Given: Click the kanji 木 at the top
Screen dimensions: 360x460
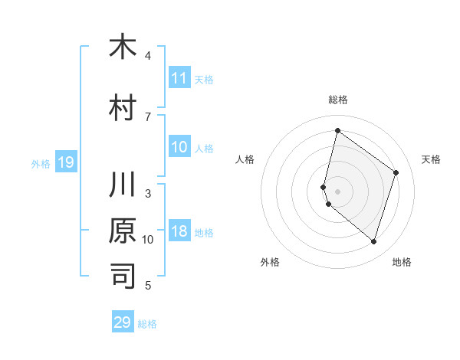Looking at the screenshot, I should (123, 47).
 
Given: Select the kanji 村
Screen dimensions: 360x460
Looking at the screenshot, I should (123, 108).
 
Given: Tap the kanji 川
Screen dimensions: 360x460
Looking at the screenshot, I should (123, 185).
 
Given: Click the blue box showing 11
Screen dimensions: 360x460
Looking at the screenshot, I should (179, 78).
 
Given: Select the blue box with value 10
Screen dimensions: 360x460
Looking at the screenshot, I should (179, 148).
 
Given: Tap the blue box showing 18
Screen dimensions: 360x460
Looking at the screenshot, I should (179, 232).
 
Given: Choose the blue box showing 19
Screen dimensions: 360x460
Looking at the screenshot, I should (65, 162).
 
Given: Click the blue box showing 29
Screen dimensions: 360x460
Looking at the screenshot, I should (123, 322).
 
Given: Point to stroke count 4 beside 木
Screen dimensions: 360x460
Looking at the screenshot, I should (148, 56).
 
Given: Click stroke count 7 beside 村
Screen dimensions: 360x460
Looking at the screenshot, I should (148, 117).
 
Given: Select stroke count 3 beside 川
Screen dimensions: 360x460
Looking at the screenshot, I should (148, 194).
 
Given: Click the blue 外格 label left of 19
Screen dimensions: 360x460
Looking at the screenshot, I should (41, 163).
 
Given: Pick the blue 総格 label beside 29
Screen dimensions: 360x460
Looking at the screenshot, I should (147, 324).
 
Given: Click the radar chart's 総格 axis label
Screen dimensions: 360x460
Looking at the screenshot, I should (337, 100).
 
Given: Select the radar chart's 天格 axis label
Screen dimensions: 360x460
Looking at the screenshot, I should (431, 159).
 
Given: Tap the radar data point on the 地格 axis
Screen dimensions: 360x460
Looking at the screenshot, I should (373, 242).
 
